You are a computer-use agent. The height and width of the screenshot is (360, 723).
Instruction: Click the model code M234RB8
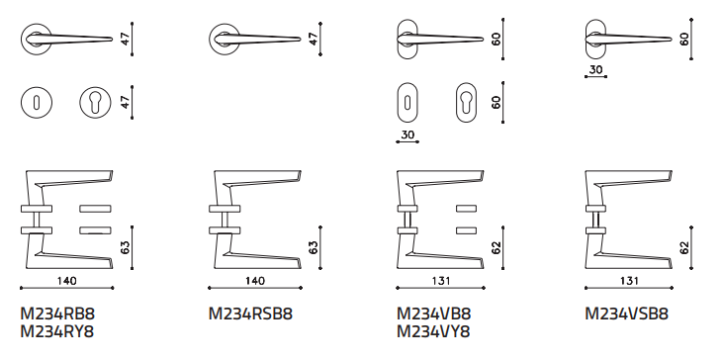click(57, 314)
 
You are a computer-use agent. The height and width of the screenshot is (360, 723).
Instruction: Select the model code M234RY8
click(57, 331)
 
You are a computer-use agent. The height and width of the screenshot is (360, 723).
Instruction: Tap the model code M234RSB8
click(250, 314)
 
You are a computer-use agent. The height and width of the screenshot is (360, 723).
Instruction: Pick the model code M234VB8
click(434, 314)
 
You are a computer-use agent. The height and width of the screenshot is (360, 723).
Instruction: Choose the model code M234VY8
click(433, 331)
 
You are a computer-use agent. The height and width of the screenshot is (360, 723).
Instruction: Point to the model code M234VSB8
click(627, 314)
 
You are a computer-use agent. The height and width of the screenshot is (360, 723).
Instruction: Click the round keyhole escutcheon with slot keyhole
click(37, 102)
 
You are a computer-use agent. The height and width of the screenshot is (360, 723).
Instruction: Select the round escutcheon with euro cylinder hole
click(95, 102)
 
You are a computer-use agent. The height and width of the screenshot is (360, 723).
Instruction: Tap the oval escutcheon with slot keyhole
click(407, 102)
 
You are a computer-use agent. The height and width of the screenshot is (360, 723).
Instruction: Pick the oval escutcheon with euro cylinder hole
click(466, 102)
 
